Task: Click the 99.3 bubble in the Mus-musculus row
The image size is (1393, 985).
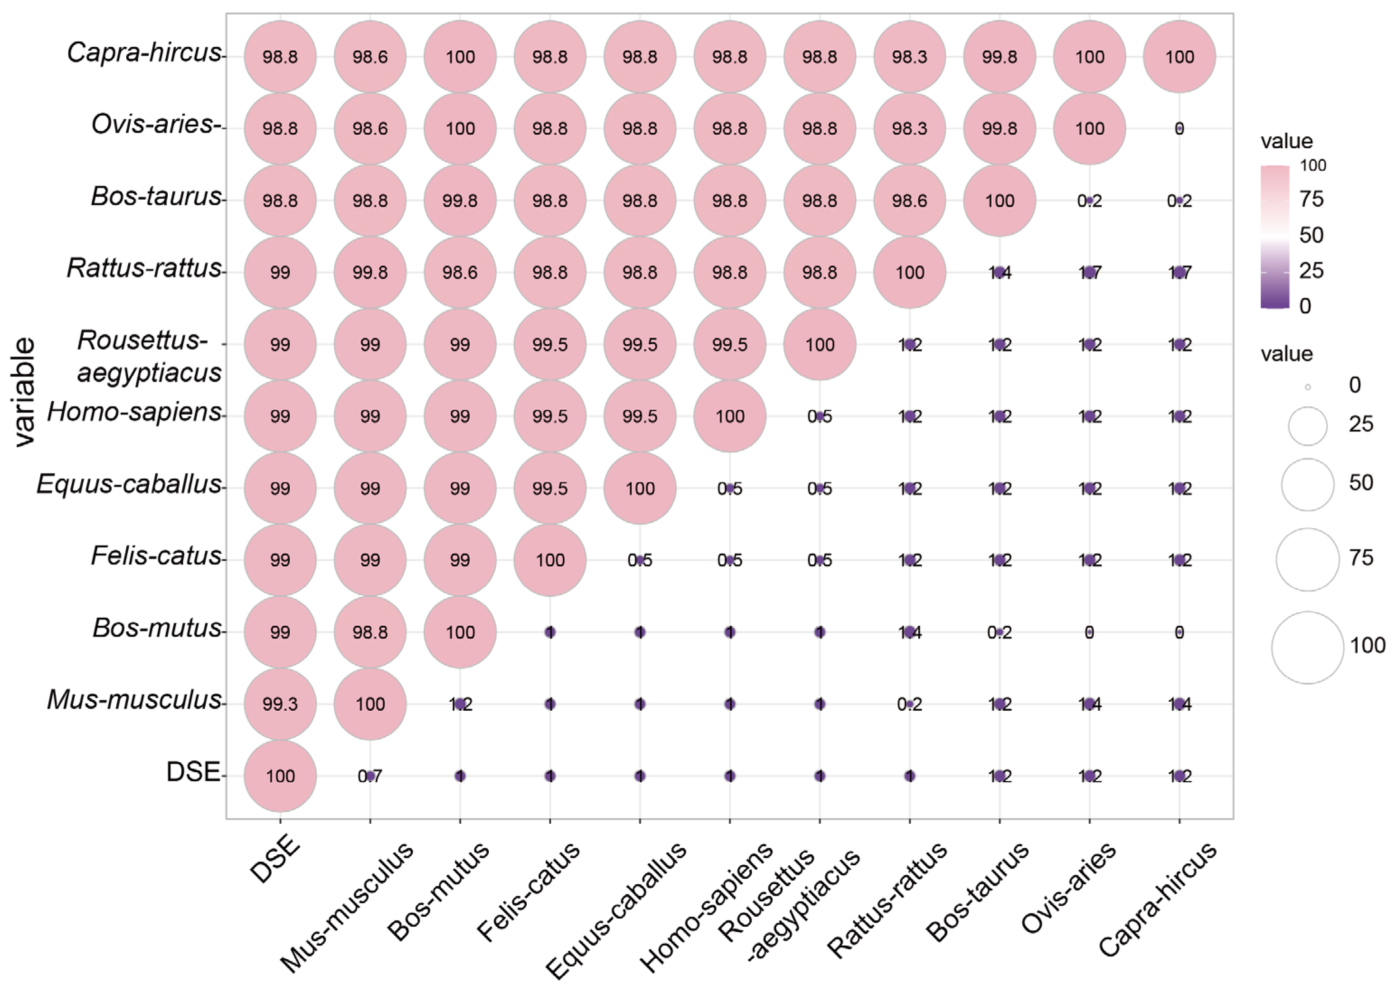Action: [280, 704]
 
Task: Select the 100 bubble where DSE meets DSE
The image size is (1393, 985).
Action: [280, 776]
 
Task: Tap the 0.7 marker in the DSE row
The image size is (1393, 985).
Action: [370, 776]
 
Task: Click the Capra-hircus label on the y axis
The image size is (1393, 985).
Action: [144, 53]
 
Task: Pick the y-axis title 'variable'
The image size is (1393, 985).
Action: [24, 393]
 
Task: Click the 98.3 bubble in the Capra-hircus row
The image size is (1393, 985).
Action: [909, 56]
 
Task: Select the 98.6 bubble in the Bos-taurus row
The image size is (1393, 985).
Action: [909, 200]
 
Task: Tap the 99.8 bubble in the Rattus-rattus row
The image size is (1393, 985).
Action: [370, 272]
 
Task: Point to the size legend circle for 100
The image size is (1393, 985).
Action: [1308, 647]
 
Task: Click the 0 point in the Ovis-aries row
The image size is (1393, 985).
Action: [1179, 129]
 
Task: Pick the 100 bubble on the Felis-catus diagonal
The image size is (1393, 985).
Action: [550, 560]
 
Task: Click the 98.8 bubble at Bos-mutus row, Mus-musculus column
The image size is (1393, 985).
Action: [370, 632]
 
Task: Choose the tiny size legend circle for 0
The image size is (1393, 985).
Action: [1308, 387]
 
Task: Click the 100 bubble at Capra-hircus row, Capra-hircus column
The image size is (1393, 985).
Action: [1179, 56]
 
